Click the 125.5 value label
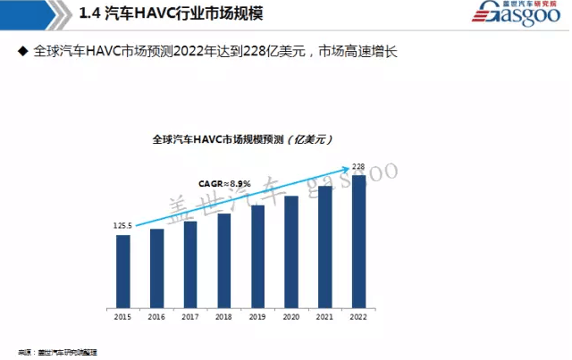point(122,226)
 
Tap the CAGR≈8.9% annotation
point(224,183)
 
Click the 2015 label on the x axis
point(123,316)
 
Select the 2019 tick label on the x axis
point(257,316)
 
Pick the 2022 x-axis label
point(358,316)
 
